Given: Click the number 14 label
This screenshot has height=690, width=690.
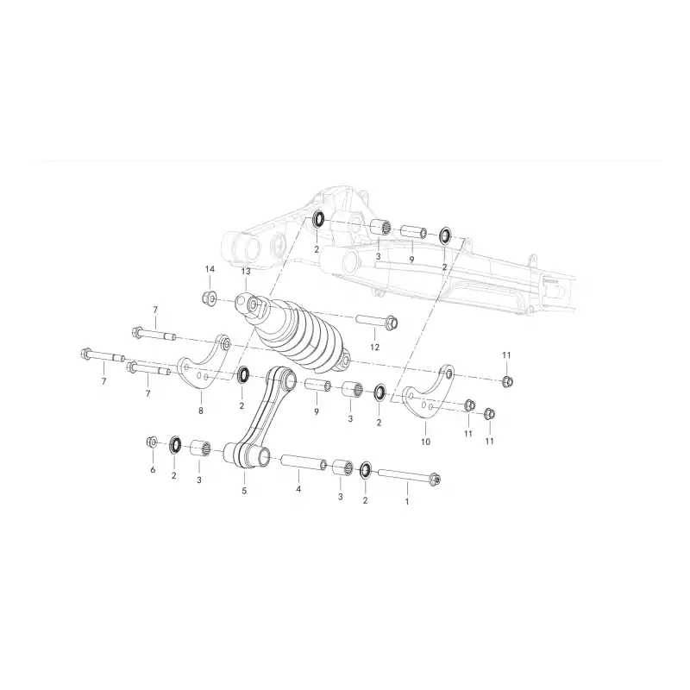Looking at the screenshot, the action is point(210,269).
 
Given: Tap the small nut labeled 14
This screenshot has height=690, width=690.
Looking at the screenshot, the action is point(209,298).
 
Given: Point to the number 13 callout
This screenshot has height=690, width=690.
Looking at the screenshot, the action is point(246,272).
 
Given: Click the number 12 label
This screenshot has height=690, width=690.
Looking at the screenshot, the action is point(374,348).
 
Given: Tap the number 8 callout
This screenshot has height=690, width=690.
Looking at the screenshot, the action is point(201,411).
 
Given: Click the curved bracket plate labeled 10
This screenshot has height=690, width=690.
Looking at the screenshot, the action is point(429,392).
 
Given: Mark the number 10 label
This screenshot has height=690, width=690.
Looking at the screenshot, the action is point(425,442).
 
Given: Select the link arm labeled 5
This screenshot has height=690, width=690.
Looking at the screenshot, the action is point(263,418).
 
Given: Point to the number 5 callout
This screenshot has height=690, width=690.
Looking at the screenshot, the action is point(244,491).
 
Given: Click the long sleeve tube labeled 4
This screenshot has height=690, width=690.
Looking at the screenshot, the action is point(304,461).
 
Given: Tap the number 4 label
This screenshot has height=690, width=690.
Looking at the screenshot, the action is point(298,489).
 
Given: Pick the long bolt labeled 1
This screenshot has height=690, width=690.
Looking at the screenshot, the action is point(408,477).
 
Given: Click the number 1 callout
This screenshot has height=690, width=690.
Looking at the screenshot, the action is point(407,501).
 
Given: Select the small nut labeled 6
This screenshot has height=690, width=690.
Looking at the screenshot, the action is point(152,442).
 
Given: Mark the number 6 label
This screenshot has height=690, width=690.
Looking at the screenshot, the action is point(153,469).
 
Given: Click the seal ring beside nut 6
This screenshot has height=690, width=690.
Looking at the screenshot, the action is point(175,445).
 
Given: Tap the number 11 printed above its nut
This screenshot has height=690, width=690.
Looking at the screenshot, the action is point(506,355).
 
